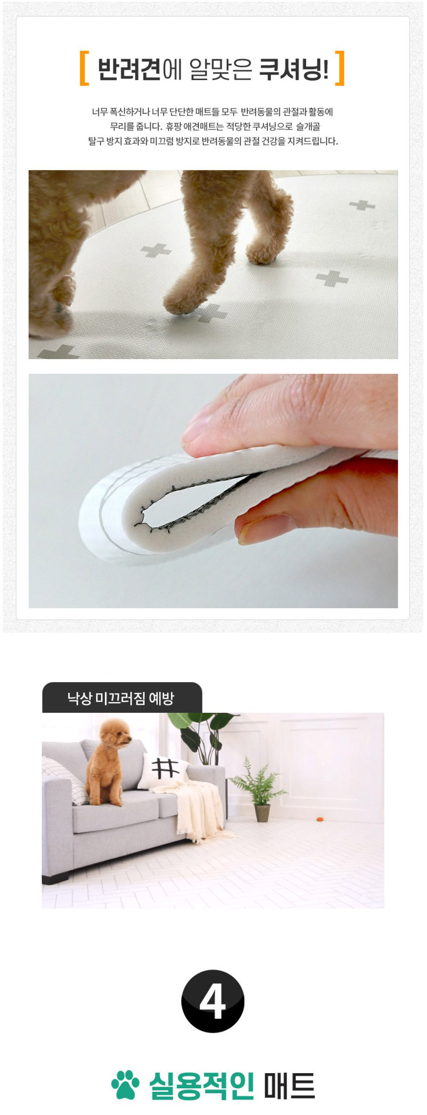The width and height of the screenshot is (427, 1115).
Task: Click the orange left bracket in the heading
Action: [x=84, y=68]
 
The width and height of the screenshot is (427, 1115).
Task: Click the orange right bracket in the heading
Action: [x=340, y=68]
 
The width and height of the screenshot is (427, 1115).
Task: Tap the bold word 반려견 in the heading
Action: [x=129, y=69]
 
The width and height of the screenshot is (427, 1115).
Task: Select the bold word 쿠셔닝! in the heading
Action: [x=294, y=69]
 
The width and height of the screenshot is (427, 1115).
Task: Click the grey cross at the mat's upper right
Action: [x=362, y=205]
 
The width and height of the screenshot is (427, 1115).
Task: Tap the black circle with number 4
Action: [x=213, y=1001]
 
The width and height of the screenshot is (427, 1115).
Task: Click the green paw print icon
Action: [x=125, y=1085]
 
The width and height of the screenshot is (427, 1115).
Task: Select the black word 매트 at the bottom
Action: [x=290, y=1085]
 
